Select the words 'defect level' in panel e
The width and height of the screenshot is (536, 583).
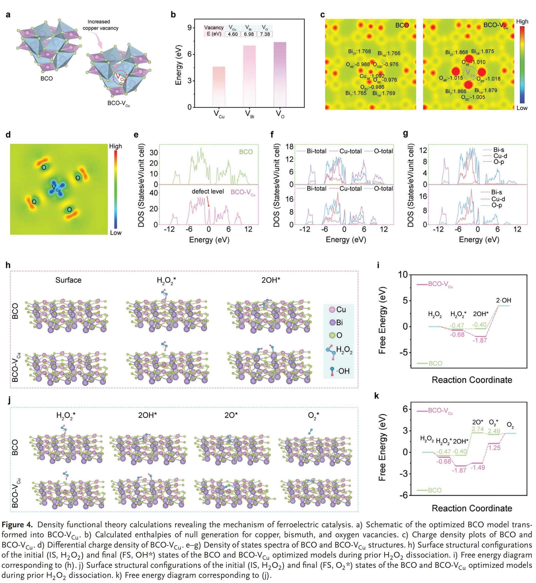208,191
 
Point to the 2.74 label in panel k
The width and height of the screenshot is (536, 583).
478,429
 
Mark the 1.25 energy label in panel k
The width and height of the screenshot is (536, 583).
494,448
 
